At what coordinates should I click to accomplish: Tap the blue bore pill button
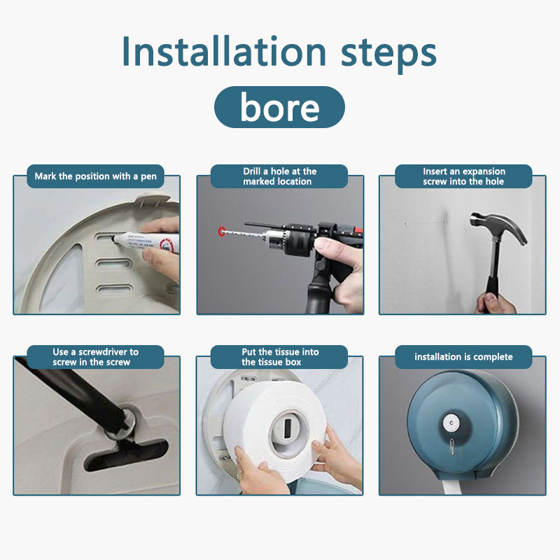279,107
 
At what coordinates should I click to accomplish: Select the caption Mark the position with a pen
96,176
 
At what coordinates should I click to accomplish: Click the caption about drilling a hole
279,176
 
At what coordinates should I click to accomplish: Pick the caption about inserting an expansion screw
463,176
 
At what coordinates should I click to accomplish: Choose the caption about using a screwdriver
96,357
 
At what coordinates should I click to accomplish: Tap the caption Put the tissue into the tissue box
279,357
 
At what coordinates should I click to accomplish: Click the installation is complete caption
463,357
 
